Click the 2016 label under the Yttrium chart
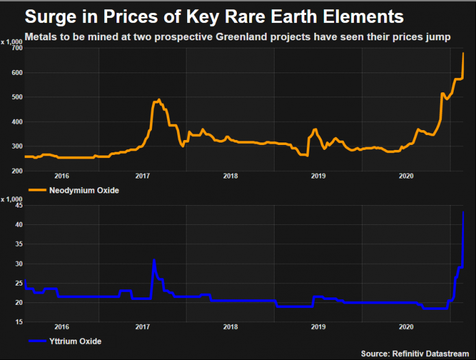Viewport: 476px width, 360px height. (x=61, y=327)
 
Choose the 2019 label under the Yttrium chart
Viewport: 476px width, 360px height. (x=318, y=327)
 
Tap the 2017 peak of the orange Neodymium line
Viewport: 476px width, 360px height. (x=159, y=99)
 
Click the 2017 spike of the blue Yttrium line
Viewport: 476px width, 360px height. (x=154, y=260)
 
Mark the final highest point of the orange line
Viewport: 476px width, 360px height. (x=464, y=53)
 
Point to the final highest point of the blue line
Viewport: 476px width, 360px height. (x=464, y=213)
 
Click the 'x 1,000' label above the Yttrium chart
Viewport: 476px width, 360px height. (x=11, y=200)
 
